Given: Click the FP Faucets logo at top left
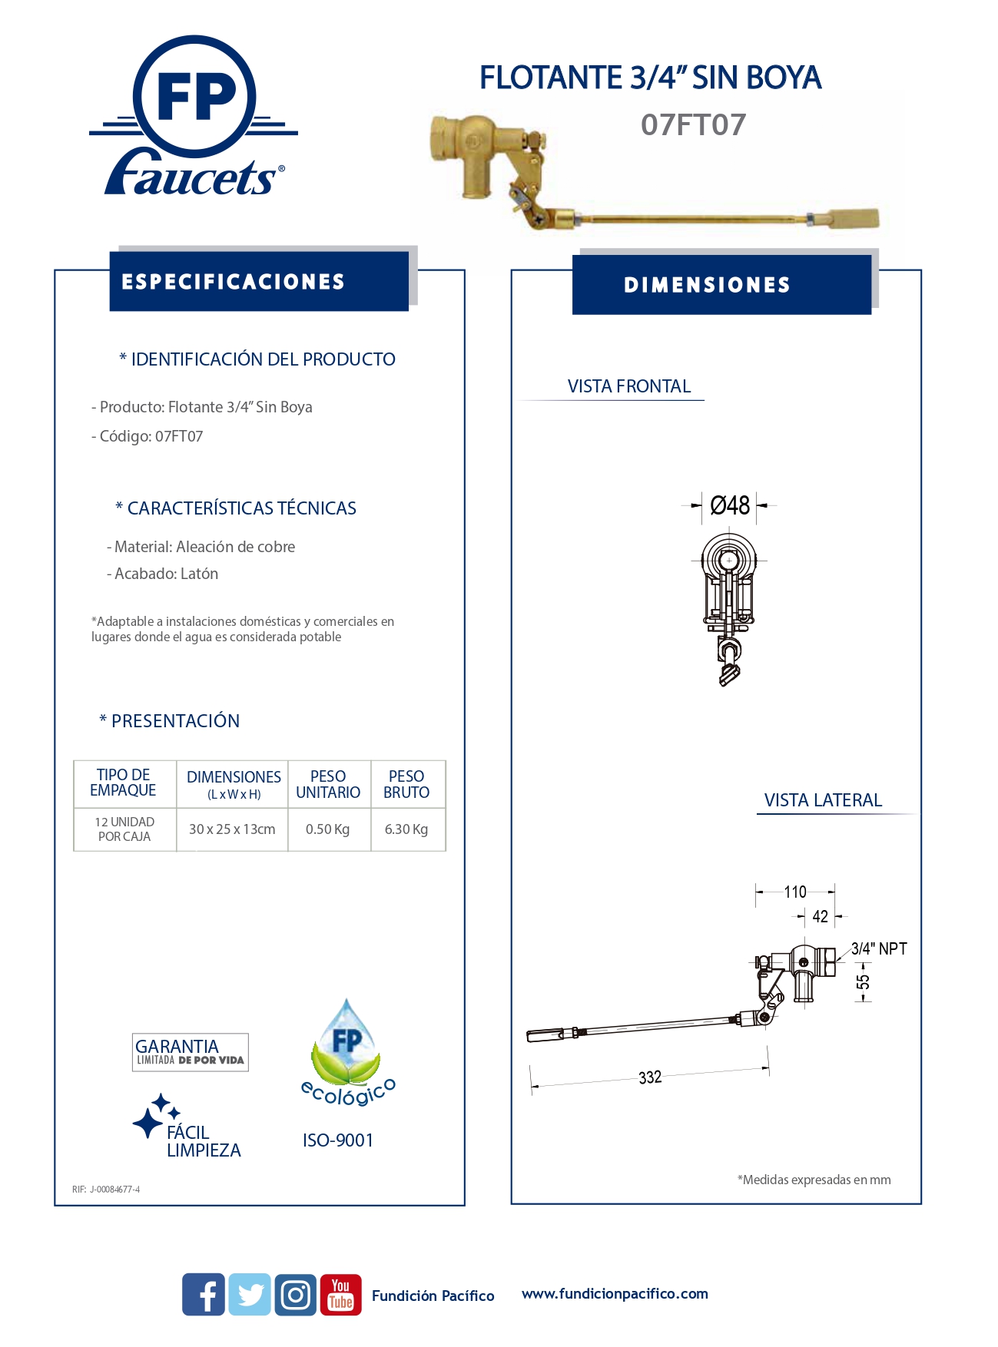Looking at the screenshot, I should [194, 115].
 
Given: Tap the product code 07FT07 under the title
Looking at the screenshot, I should [693, 125].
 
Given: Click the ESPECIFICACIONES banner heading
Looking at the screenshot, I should [233, 282].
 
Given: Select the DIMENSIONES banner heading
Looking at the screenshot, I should [707, 285].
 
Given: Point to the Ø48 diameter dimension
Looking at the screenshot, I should [729, 505].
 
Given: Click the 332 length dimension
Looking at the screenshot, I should [650, 1077].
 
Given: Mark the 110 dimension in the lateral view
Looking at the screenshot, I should [795, 892].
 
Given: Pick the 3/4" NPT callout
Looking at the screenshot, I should [879, 948].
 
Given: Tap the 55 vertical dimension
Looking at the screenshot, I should [864, 982].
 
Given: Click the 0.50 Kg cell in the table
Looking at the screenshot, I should [328, 829].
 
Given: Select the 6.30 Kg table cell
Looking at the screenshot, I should [406, 829].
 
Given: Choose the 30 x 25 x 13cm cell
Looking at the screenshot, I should [232, 829].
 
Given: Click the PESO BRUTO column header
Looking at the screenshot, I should [406, 784].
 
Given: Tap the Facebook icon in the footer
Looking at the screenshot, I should [204, 1294].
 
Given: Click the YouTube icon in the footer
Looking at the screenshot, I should [340, 1294].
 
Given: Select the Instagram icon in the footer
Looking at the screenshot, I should [295, 1294].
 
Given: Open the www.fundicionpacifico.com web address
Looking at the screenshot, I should [615, 1293].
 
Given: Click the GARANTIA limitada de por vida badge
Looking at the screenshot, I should [190, 1052].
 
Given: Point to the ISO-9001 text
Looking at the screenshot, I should [338, 1140].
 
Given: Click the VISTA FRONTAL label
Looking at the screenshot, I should [629, 386].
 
